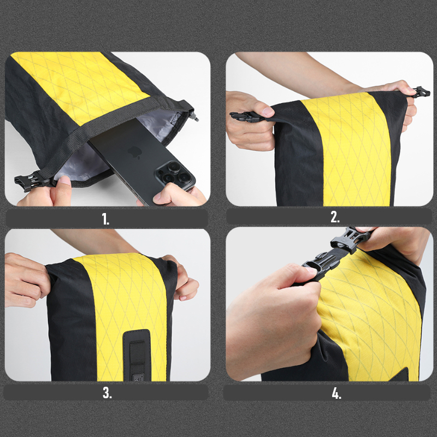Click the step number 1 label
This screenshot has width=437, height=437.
(x=105, y=219)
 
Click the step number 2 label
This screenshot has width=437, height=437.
(x=335, y=217)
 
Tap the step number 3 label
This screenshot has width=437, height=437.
(x=107, y=392)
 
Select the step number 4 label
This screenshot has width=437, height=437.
(x=336, y=393)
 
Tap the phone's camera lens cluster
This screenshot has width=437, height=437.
(x=174, y=175)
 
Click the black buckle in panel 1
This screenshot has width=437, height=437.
(x=26, y=181)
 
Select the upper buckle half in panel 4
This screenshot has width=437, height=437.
(x=349, y=239)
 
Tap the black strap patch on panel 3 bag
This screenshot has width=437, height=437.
(x=137, y=355)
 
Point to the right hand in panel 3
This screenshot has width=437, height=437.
(x=181, y=279)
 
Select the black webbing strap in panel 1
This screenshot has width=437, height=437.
(x=111, y=131)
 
